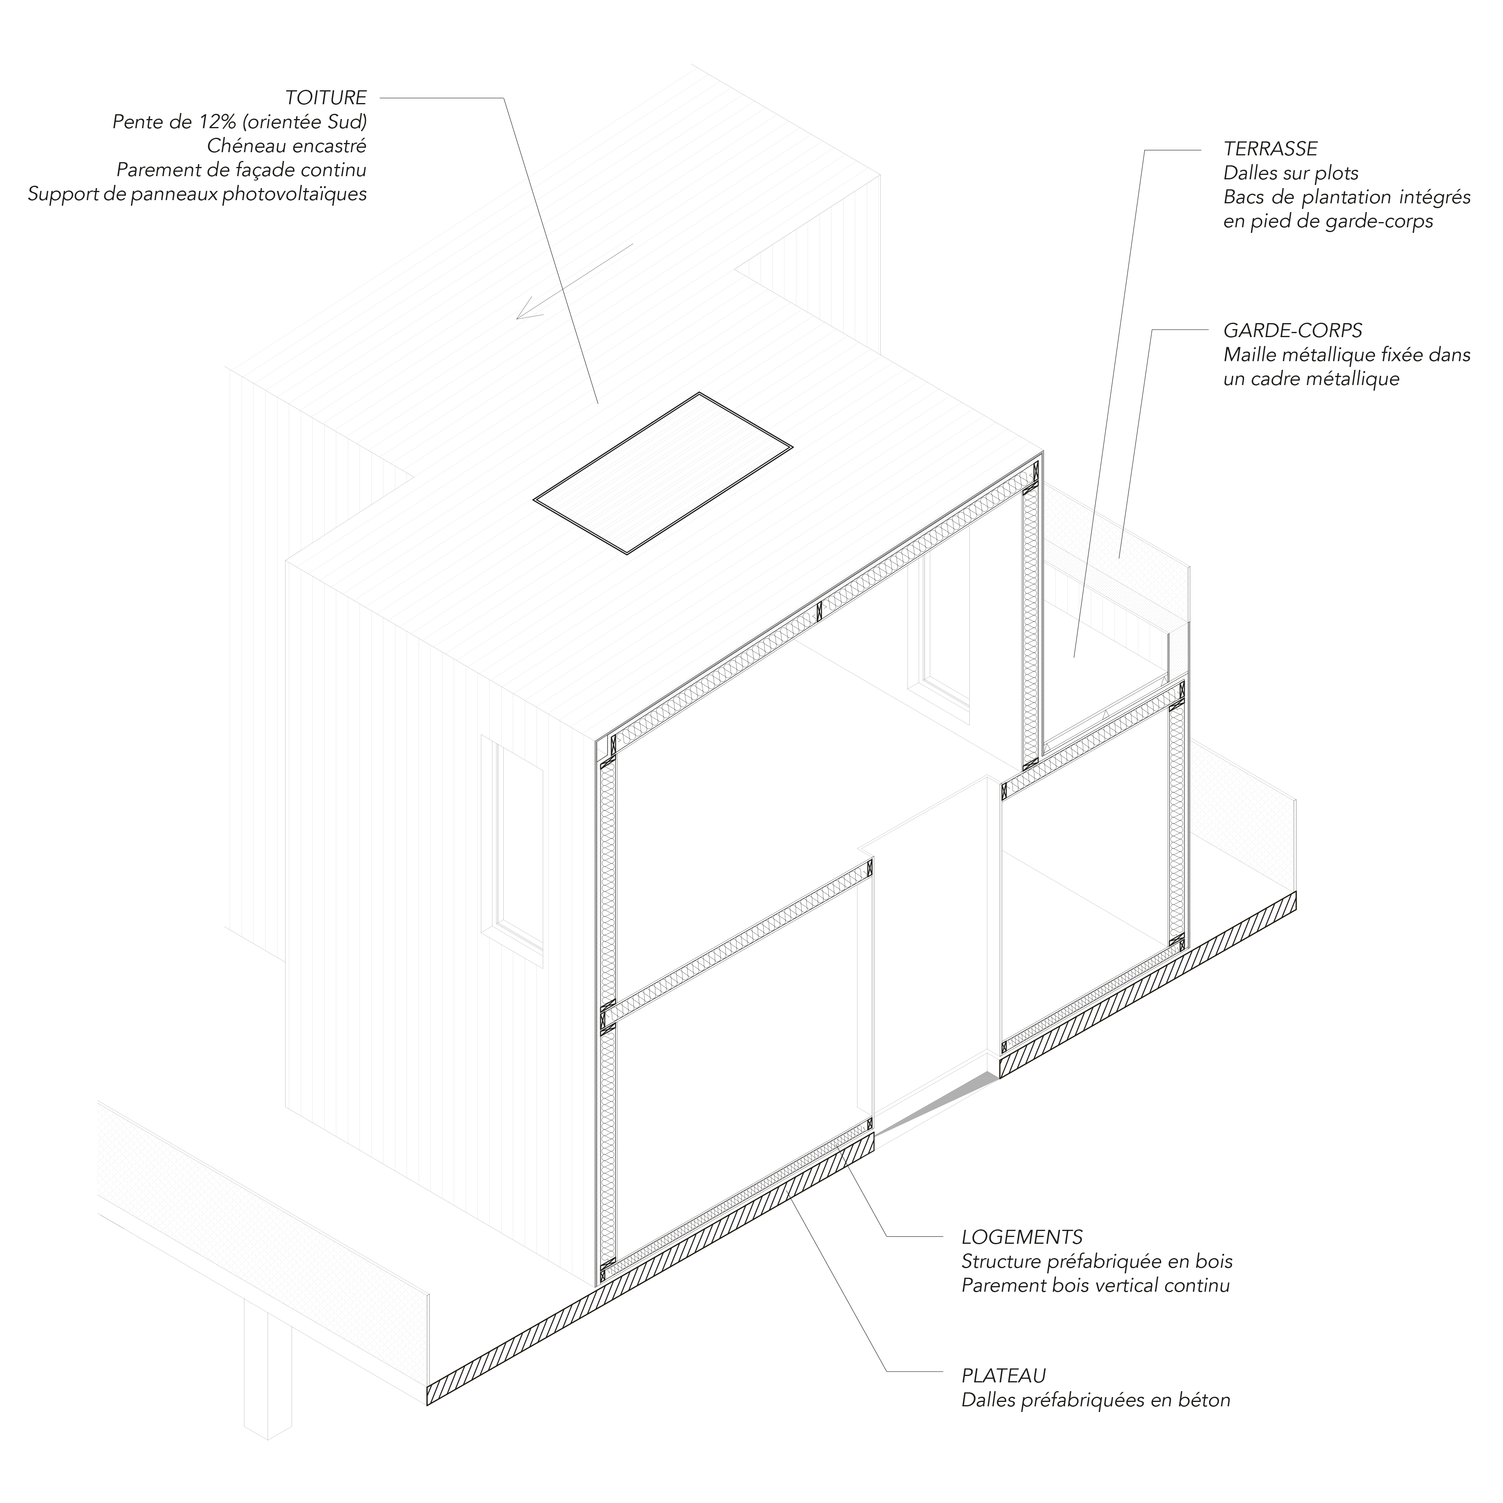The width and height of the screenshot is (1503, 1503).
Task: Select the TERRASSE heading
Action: (1271, 149)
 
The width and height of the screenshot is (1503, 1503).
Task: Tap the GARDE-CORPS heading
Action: (1292, 331)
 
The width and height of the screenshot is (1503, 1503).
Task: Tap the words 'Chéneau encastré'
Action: (286, 146)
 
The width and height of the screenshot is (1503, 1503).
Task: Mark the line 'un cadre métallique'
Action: (1311, 379)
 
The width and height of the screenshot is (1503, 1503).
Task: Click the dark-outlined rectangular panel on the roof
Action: (663, 473)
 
